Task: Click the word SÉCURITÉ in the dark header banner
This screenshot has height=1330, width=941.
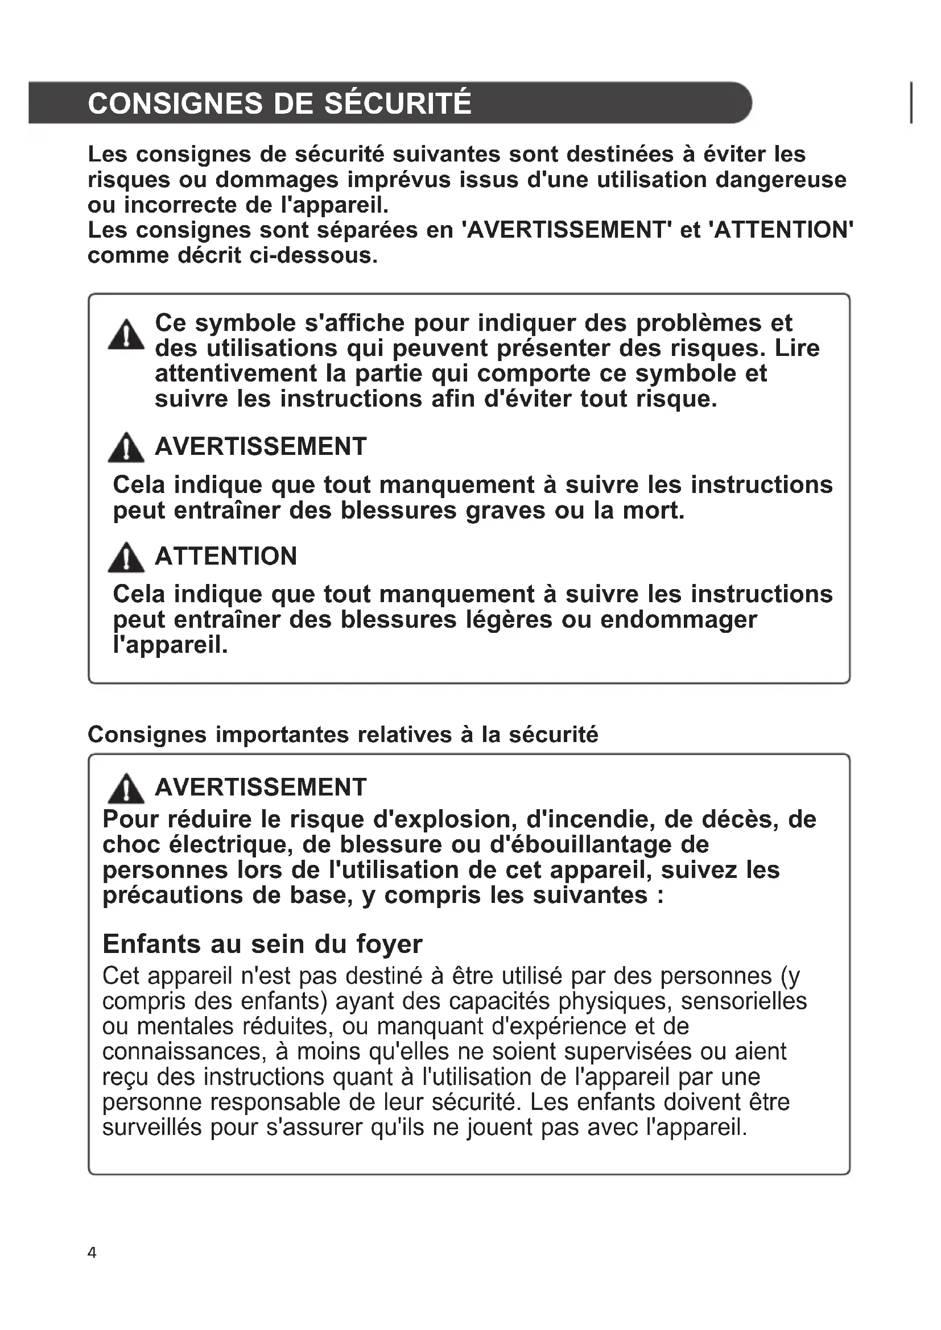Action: [398, 103]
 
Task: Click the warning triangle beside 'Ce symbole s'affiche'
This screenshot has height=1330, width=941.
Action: [126, 335]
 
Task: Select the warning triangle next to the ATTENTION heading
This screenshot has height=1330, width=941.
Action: [126, 558]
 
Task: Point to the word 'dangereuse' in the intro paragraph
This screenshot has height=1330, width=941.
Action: [781, 180]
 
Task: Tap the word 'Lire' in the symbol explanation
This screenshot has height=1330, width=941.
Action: [797, 348]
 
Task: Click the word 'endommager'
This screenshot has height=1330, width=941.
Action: [679, 620]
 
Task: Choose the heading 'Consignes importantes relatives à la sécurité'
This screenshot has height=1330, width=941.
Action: [343, 735]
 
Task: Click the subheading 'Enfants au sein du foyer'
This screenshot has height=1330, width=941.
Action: [262, 944]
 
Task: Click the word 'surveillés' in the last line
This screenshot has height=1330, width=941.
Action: [152, 1127]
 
